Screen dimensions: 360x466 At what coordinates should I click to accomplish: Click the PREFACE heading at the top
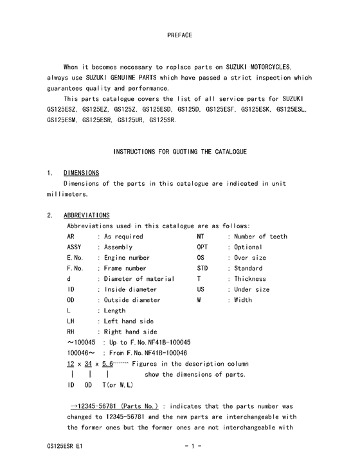coord(179,34)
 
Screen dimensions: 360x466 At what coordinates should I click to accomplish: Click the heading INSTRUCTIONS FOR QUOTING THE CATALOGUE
coord(179,152)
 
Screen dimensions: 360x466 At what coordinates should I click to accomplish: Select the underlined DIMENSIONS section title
coord(81,173)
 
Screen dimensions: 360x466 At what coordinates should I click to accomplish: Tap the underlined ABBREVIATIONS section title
coord(86,215)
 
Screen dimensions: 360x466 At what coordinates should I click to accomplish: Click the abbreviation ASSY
coord(75,247)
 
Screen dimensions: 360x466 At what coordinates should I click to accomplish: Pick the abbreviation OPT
coord(203,247)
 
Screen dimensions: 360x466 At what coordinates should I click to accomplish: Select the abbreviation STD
coord(203,268)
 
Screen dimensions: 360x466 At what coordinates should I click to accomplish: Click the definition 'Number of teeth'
coord(260,237)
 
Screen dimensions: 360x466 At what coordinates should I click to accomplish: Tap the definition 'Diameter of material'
coord(139,279)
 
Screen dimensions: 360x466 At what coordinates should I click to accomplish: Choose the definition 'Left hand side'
coord(130,321)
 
